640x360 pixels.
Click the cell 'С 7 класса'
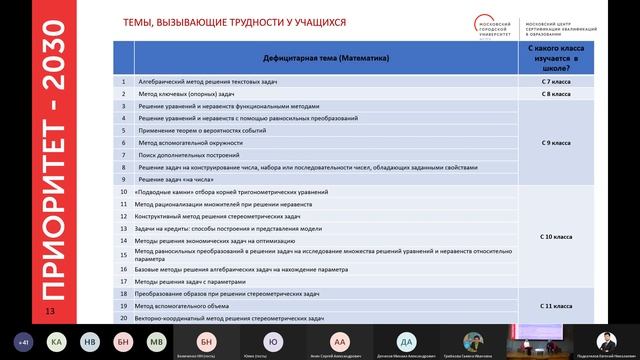pos(556,80)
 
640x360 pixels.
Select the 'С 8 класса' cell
pos(556,93)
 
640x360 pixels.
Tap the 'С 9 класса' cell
pos(556,143)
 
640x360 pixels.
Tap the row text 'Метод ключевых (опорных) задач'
pos(176,93)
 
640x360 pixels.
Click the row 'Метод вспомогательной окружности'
pos(184,143)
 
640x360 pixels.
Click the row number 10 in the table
pos(123,191)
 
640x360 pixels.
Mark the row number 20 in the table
pos(123,318)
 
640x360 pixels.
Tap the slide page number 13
pos(49,313)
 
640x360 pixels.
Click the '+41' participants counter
pos(22,340)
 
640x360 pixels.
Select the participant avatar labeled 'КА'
pos(57,340)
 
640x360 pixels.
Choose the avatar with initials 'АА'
pos(341,340)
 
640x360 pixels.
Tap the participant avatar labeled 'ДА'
pos(406,340)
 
